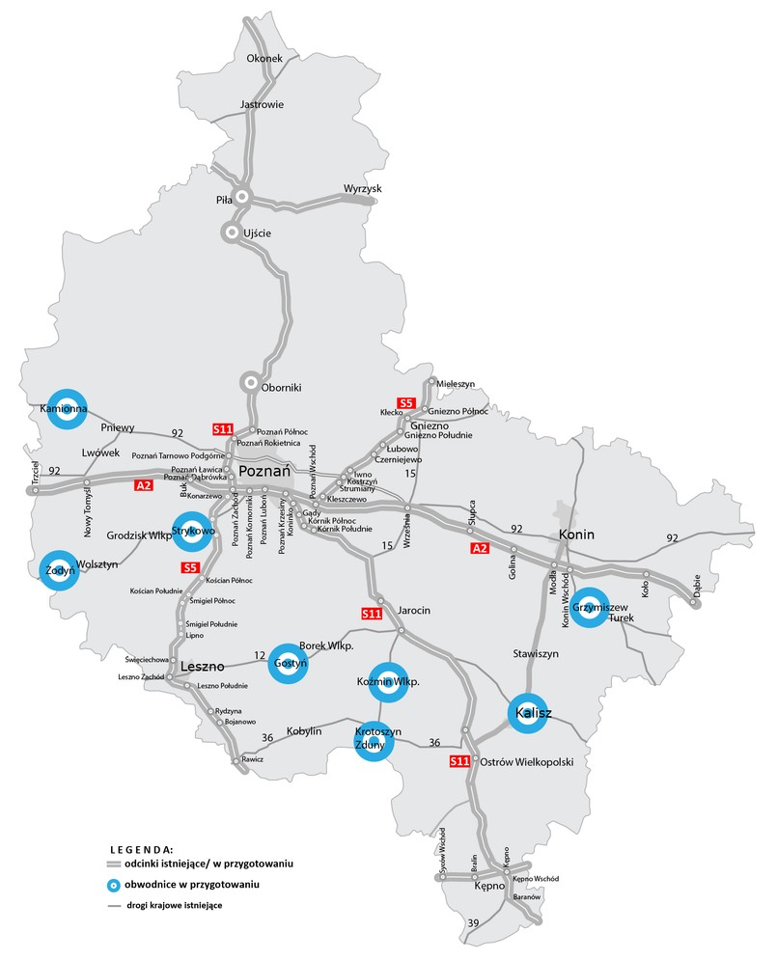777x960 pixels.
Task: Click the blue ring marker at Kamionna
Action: pyautogui.click(x=68, y=409)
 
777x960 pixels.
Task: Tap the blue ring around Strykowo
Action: pyautogui.click(x=194, y=531)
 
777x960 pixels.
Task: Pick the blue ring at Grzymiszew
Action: pyautogui.click(x=587, y=607)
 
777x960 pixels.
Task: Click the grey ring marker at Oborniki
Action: pyautogui.click(x=251, y=384)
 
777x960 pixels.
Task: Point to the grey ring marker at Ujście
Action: pyautogui.click(x=232, y=232)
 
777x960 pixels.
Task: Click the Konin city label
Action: pyautogui.click(x=576, y=535)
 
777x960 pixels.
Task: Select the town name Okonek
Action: pyautogui.click(x=264, y=59)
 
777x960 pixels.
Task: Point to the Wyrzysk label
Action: pyautogui.click(x=363, y=188)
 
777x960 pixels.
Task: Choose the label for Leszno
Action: pyautogui.click(x=202, y=666)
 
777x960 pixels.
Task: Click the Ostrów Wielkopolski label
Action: pyautogui.click(x=526, y=761)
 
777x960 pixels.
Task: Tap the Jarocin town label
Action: pyautogui.click(x=413, y=611)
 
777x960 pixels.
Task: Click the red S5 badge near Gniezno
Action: pyautogui.click(x=406, y=402)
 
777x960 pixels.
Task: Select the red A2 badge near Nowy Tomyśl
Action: pyautogui.click(x=144, y=485)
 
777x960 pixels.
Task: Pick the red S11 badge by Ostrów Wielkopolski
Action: pyautogui.click(x=460, y=762)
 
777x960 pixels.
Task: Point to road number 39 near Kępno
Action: pyautogui.click(x=472, y=924)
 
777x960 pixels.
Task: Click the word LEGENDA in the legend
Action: pyautogui.click(x=140, y=850)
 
